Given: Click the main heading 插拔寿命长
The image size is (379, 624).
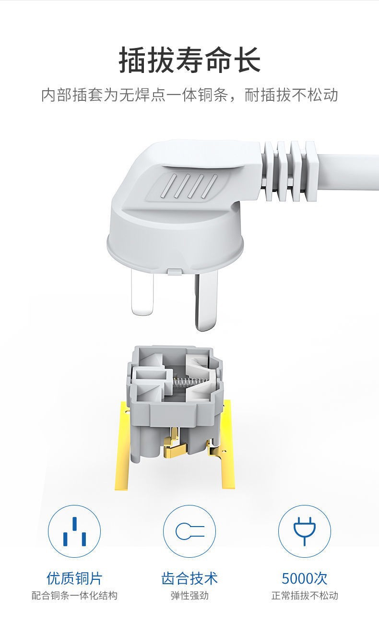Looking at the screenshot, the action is (x=189, y=60).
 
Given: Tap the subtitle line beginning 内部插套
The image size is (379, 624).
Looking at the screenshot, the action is (x=189, y=95).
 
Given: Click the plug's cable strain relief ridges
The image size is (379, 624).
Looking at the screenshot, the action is (x=290, y=171).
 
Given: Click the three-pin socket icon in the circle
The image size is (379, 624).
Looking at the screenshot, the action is (x=74, y=531).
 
